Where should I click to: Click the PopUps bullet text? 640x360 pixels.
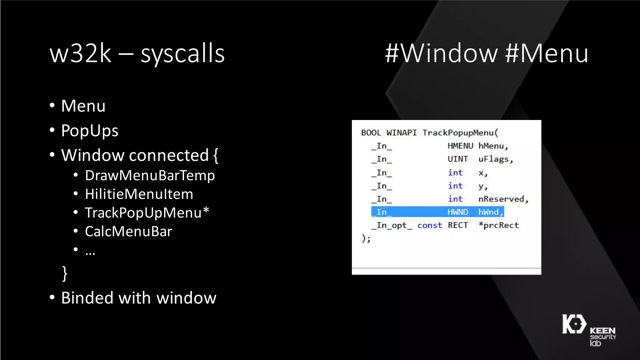click(90, 131)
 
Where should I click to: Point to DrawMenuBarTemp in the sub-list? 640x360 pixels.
click(150, 175)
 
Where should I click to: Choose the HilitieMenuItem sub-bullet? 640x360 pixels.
click(139, 194)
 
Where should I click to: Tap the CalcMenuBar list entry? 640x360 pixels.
click(128, 232)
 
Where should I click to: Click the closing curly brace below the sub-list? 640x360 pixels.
click(65, 273)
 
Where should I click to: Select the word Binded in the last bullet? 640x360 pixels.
click(87, 298)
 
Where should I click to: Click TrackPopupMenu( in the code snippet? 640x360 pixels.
click(460, 133)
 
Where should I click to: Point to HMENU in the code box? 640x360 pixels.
click(460, 146)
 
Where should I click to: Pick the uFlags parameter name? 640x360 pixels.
click(495, 159)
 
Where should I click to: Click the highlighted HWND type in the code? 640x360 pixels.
click(458, 212)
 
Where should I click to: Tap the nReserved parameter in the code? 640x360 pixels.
click(503, 199)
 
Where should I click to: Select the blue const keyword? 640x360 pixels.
click(430, 225)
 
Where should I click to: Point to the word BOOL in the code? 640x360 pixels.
click(371, 133)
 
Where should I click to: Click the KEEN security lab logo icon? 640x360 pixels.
click(574, 324)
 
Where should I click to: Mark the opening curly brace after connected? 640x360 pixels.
click(216, 155)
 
